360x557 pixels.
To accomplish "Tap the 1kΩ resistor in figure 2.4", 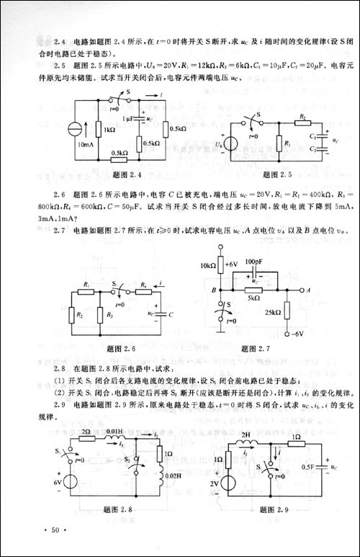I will [96, 130].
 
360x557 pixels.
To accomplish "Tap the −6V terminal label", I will [296, 334].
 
